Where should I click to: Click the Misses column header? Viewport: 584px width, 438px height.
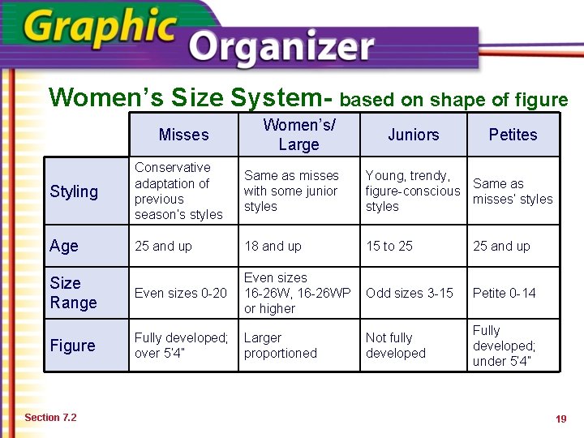coord(183,135)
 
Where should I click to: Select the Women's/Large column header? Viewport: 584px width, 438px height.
coord(298,135)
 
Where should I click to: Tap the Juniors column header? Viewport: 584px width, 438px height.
coord(413,135)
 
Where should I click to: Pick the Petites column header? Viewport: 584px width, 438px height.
coord(513,135)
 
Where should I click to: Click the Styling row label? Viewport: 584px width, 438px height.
coord(74,191)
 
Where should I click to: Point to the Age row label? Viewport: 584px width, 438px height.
coord(64,247)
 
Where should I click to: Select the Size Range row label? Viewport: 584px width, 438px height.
coord(73,293)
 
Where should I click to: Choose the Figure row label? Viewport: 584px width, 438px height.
coord(72,346)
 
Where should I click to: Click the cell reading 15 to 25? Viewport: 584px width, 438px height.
coord(390,247)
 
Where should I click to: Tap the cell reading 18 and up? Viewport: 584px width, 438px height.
coord(273,247)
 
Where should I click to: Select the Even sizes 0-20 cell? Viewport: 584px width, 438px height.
coord(181,293)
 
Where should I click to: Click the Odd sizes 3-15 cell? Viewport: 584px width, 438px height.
coord(410,293)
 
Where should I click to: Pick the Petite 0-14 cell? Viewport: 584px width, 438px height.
coord(505,293)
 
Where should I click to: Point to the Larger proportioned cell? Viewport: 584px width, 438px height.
coord(281,346)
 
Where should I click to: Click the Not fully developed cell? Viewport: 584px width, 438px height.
coord(396,346)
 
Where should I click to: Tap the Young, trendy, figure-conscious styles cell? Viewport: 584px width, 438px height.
coord(412,191)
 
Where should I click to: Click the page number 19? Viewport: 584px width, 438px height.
coord(560,419)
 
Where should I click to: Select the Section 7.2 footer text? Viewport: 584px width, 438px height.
coord(50,418)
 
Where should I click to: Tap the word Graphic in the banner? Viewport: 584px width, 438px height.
coord(101,28)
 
